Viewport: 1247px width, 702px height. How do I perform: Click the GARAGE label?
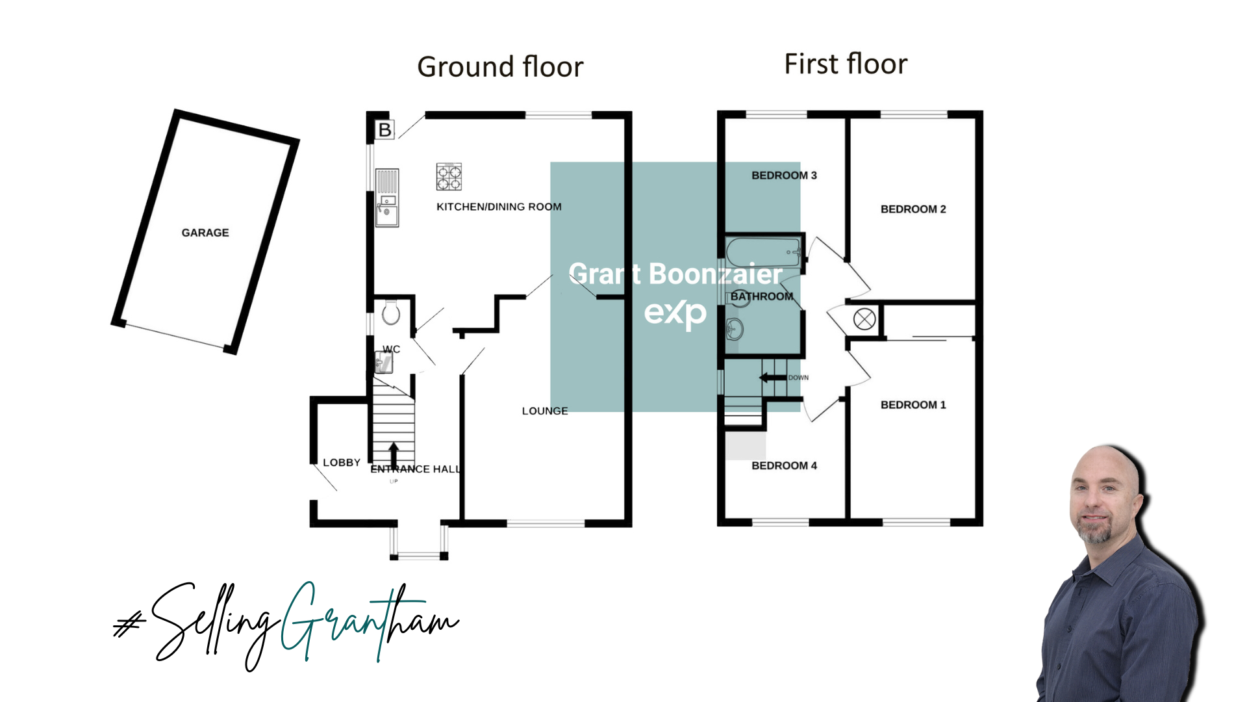point(205,233)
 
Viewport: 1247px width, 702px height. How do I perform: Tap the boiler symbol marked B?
point(385,130)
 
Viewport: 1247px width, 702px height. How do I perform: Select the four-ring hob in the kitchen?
point(449,177)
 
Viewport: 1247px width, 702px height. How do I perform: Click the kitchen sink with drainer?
point(387,198)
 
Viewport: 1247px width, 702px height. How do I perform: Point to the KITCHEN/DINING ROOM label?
point(499,207)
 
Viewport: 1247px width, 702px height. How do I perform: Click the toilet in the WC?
point(391,312)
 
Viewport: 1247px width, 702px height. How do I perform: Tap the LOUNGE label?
point(545,411)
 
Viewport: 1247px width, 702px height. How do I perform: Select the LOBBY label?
point(342,463)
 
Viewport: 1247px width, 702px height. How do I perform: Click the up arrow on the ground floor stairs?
point(394,455)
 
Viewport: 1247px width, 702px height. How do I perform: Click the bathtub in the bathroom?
point(763,252)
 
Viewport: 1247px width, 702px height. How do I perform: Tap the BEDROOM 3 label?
point(784,175)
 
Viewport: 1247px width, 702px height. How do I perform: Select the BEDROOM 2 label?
point(913,209)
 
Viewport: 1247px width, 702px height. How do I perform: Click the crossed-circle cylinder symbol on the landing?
point(864,319)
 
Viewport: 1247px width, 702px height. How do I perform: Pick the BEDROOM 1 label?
point(913,405)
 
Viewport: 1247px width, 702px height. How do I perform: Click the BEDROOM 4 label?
point(784,465)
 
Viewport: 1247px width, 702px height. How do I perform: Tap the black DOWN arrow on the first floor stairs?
point(773,378)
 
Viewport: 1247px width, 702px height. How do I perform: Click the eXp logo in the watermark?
point(675,313)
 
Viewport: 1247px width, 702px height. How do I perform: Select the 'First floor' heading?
point(846,64)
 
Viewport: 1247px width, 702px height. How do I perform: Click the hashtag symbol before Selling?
point(129,625)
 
